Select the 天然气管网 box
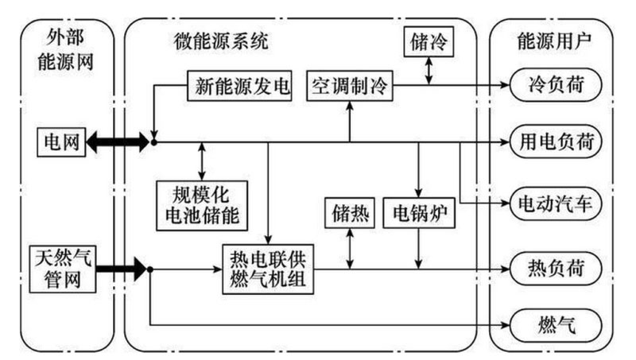[63, 269]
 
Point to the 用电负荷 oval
[554, 142]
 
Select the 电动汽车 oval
[554, 203]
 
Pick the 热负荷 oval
[554, 269]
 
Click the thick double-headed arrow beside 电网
[118, 142]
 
